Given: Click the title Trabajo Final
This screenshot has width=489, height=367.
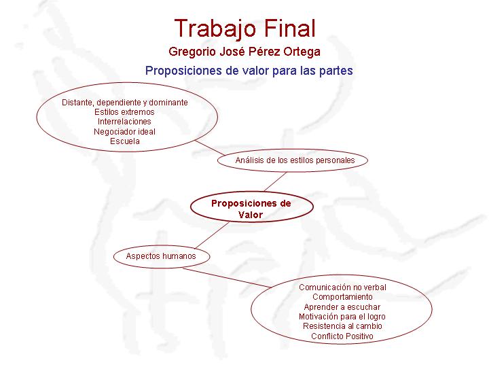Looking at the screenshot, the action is coord(244,29).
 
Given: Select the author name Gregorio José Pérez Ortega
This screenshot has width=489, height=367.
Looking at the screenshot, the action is coord(244,52).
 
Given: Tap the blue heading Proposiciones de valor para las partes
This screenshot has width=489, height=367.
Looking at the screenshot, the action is coord(249,71).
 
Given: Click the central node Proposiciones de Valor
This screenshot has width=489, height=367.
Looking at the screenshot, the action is coord(251,207).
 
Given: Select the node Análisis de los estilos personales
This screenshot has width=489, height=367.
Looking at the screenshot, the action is coord(293,160).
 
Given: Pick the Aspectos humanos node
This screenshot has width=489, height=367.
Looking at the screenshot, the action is coord(162,256).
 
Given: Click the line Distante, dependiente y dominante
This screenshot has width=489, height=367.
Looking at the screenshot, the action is coord(125,103).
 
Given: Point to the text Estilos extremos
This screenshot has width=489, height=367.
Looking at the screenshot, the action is coord(124,112).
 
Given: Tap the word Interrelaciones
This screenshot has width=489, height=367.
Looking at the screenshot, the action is coord(124,122).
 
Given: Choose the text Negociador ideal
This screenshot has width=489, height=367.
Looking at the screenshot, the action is coord(124,132).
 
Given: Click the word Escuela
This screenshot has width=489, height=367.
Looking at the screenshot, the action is coord(125,141).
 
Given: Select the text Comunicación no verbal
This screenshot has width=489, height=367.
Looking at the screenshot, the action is coord(342,287).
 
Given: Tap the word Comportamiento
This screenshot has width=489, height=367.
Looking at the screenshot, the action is coord(342,297).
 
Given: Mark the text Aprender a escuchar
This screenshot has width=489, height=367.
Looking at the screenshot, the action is coord(342,307).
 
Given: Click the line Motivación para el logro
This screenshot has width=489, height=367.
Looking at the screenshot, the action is coord(342,317).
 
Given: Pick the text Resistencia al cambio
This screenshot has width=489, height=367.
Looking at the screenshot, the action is coord(342,326).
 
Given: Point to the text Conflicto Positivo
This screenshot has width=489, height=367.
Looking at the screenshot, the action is coord(342,336).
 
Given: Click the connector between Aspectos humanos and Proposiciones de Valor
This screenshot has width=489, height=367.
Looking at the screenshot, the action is coord(212,235).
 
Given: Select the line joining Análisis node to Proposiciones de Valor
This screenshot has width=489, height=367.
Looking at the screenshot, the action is coord(275,182).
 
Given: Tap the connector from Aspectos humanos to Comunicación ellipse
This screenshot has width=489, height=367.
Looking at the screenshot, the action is coord(228,277).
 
